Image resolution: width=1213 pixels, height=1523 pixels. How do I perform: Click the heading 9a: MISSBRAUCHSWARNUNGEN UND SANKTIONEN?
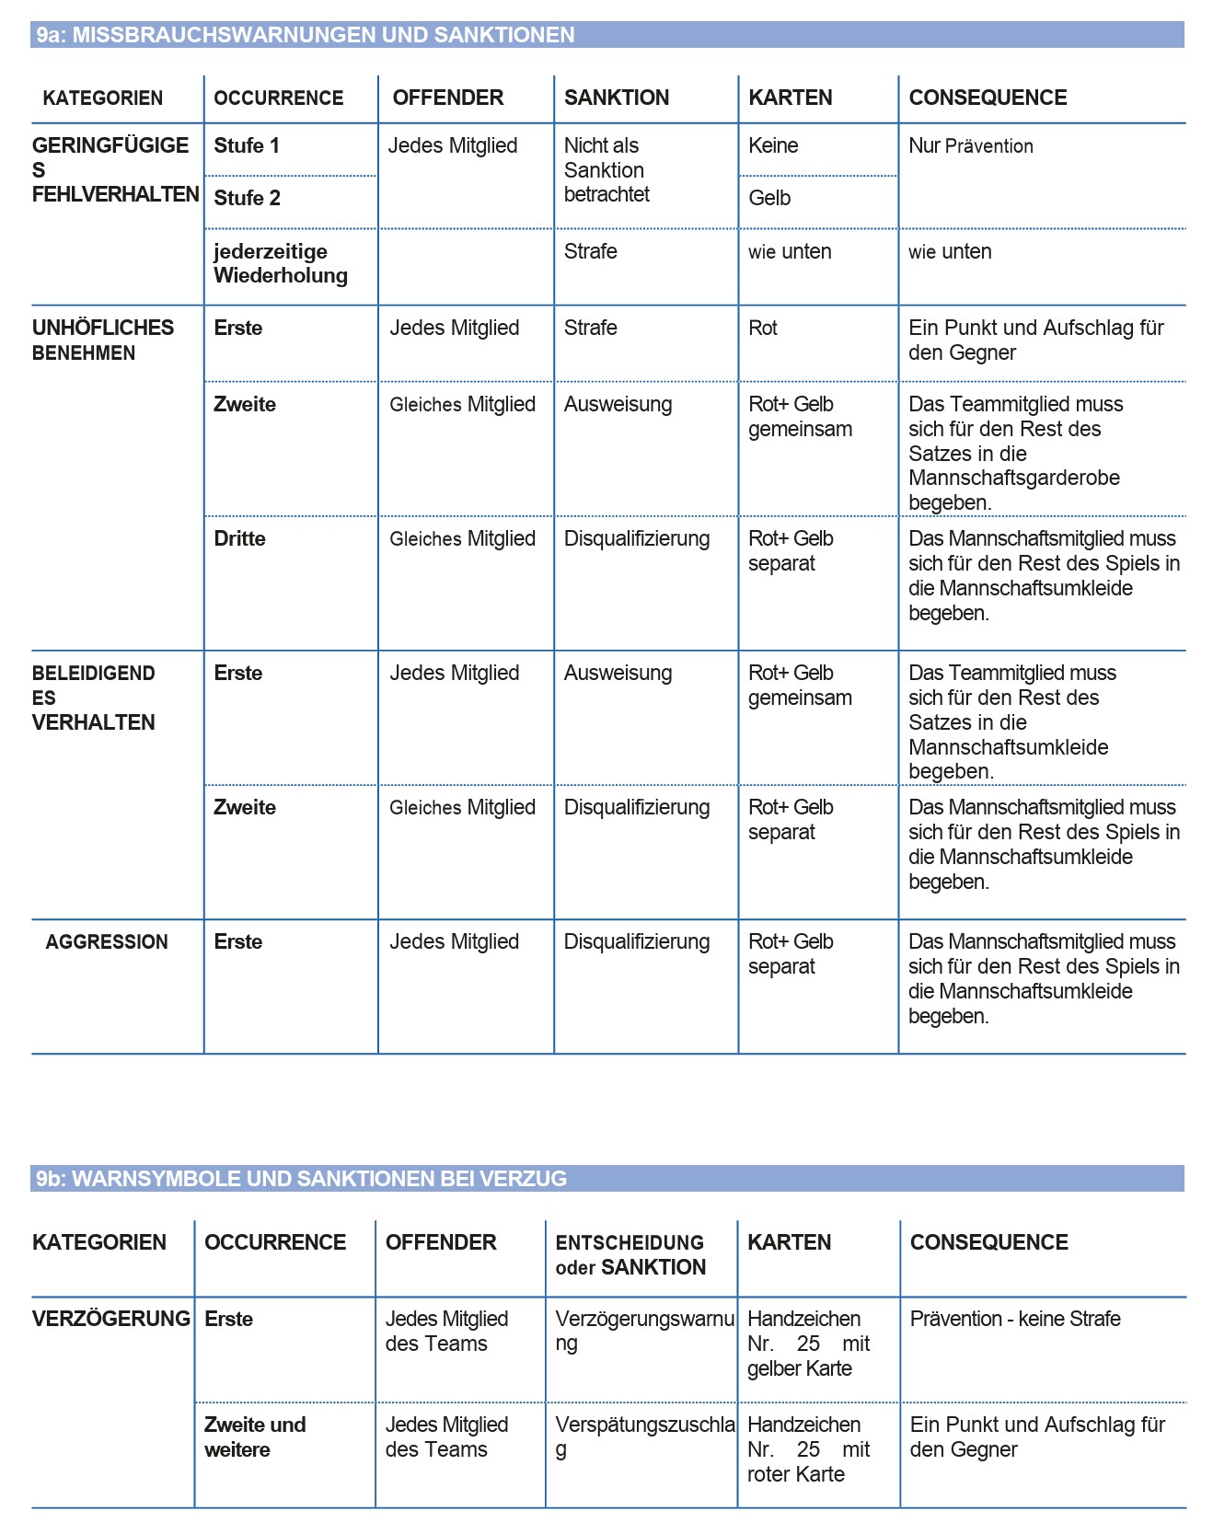coord(305,35)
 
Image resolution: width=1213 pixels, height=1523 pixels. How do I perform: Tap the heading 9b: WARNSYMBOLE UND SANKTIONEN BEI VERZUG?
coord(301,1179)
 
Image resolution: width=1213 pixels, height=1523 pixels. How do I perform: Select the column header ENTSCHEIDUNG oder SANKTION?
coord(630,1254)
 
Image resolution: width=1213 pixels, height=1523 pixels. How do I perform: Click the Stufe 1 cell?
coord(247,145)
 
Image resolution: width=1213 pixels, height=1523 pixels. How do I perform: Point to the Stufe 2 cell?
coord(247,198)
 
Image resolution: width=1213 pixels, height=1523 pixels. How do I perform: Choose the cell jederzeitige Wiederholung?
coord(280,263)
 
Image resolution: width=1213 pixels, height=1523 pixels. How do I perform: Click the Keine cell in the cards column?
coord(773,145)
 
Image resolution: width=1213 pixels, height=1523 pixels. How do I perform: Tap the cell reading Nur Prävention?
coord(970,145)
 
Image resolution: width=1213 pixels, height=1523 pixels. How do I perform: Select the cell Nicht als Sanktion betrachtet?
coord(606,170)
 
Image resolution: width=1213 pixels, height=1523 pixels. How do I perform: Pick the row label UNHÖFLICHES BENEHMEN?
coord(102,340)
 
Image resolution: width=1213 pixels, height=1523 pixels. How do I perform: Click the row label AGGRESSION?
coord(107,941)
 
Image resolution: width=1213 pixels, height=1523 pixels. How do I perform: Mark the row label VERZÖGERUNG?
coord(110,1319)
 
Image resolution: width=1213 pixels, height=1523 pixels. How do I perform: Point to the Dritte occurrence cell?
coord(239,538)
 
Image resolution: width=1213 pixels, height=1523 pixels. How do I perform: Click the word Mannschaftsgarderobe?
coord(1013,478)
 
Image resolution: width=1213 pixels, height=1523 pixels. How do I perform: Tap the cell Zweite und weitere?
coord(254,1436)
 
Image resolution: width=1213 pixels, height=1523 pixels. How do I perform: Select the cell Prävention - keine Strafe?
coord(1014,1319)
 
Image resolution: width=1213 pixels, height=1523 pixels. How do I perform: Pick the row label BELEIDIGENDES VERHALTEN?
coord(93,698)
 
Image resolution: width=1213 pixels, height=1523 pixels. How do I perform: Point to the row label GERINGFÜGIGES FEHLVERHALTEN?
coord(114,170)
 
